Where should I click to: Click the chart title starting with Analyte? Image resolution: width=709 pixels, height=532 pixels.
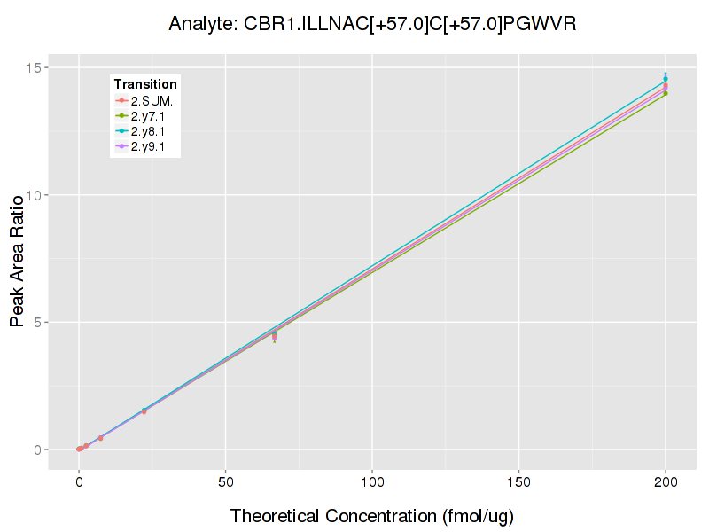click(x=372, y=24)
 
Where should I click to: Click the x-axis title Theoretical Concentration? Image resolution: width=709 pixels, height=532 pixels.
click(x=372, y=516)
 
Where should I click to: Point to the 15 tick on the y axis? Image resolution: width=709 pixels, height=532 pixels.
click(x=35, y=67)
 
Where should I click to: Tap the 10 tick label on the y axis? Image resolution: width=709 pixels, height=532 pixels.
click(x=35, y=195)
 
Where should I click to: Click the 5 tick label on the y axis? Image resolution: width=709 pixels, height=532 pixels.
click(x=39, y=323)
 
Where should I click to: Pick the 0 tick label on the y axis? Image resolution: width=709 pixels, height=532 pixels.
click(x=39, y=450)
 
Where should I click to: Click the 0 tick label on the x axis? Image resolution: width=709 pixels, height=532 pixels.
click(x=79, y=482)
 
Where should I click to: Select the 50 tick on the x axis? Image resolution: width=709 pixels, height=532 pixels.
click(x=225, y=482)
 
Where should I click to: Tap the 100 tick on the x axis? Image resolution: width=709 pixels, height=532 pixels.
click(x=372, y=482)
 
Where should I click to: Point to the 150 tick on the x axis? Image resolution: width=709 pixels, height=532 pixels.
click(x=518, y=482)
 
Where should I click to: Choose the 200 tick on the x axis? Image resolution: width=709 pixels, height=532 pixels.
click(x=666, y=482)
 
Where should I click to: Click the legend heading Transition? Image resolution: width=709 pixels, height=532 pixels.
click(x=145, y=84)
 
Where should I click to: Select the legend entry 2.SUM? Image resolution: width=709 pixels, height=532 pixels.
click(x=152, y=100)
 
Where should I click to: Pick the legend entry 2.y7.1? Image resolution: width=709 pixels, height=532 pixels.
click(x=149, y=116)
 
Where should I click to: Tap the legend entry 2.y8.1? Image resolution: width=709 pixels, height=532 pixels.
click(x=149, y=131)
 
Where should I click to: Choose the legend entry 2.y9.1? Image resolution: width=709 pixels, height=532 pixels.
click(x=149, y=146)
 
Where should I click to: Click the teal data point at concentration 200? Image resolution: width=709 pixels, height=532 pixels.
click(x=666, y=79)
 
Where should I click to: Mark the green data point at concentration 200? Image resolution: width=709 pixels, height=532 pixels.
click(x=666, y=93)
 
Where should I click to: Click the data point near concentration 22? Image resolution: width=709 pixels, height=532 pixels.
click(x=144, y=411)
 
